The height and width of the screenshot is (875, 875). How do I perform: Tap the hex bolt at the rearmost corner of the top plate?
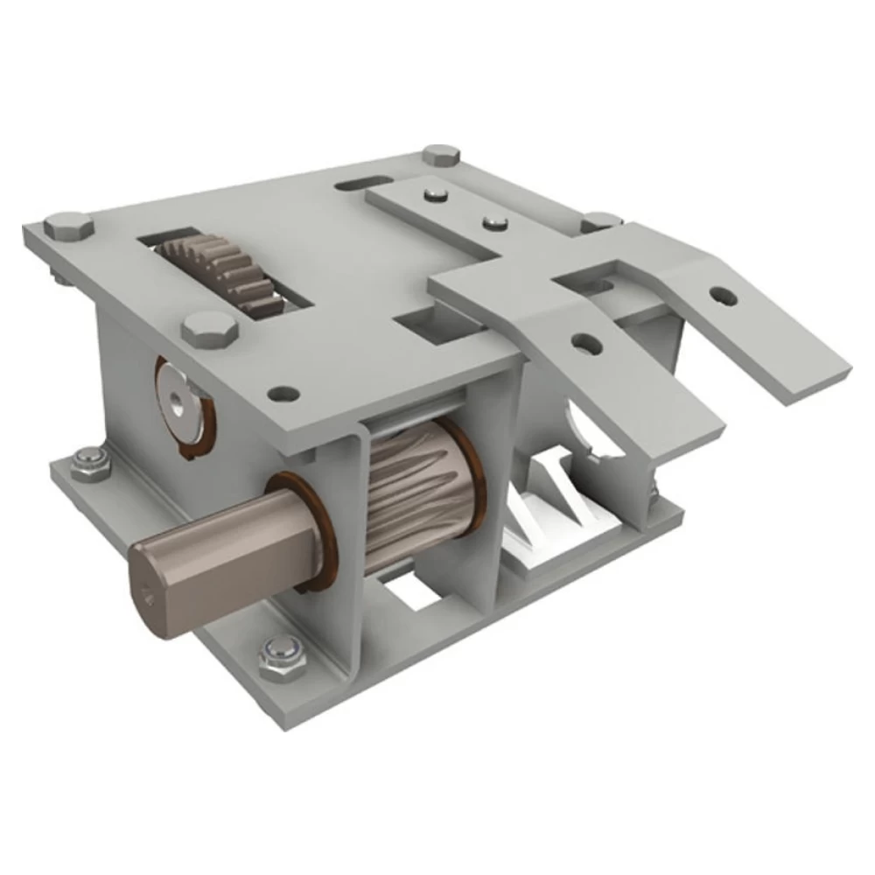pyautogui.click(x=441, y=156)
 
